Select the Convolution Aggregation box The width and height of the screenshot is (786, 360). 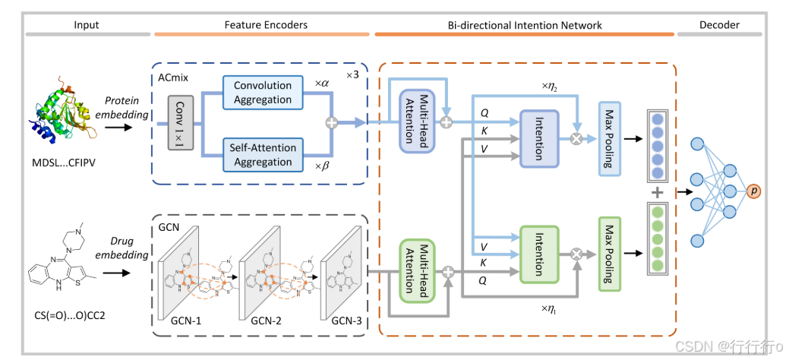click(262, 93)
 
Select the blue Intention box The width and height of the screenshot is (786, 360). click(538, 137)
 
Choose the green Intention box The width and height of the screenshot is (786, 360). click(538, 254)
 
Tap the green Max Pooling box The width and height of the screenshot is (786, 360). click(609, 254)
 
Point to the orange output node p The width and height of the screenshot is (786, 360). click(753, 191)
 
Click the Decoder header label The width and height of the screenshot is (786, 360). click(719, 25)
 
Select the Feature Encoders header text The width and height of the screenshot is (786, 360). click(266, 25)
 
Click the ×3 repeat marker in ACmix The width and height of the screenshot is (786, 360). click(352, 74)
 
